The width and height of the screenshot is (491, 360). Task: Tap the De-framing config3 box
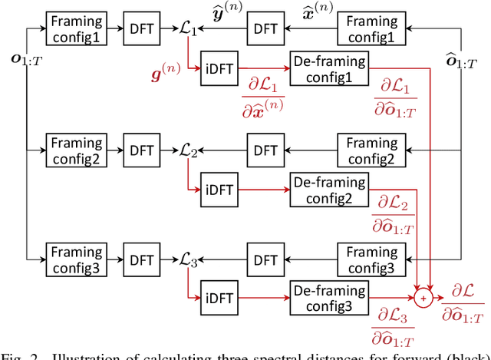click(329, 296)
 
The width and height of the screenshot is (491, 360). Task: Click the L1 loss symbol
click(188, 31)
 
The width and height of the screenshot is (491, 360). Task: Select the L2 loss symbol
click(188, 151)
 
